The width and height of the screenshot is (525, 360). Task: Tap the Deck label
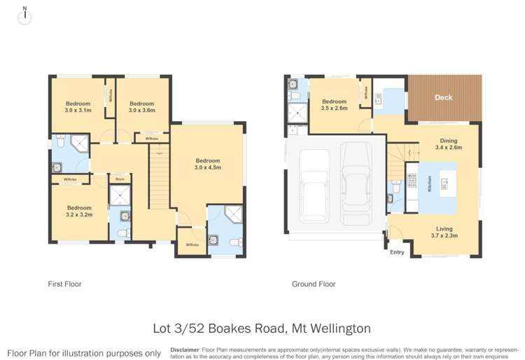coord(443,98)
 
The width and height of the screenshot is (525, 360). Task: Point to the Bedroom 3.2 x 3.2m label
coord(79,212)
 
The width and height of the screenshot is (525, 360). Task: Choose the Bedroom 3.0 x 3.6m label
coord(143,106)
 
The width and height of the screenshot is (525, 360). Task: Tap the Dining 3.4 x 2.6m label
coord(449,144)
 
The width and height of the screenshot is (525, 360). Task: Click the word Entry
coord(397,253)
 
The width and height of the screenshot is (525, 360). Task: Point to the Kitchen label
coord(410,186)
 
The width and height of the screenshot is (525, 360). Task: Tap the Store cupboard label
coord(120,180)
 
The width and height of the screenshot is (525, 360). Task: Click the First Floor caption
coord(65,284)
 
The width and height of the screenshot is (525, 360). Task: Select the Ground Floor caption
coord(313,284)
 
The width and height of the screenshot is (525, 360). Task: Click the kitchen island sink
coord(444,186)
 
